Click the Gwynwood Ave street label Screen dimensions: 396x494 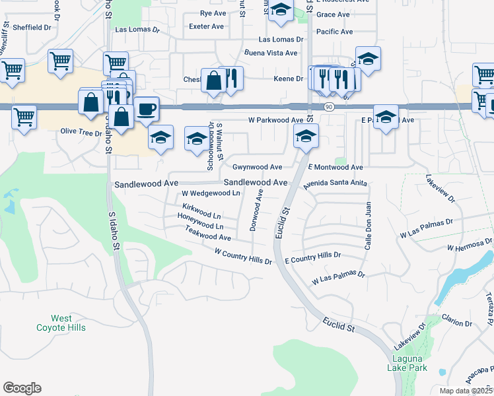pos(257,168)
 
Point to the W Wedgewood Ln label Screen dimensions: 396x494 pos(211,193)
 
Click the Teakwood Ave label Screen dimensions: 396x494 pos(208,233)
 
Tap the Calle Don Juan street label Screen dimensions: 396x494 pos(368,226)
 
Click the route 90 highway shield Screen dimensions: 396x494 pos(328,106)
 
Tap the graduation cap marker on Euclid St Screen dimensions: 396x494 pos(306,136)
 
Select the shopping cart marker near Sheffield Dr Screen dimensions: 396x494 pos(60,61)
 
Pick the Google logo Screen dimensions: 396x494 pos(22,388)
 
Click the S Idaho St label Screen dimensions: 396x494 pos(114,232)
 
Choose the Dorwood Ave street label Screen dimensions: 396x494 pos(256,210)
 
